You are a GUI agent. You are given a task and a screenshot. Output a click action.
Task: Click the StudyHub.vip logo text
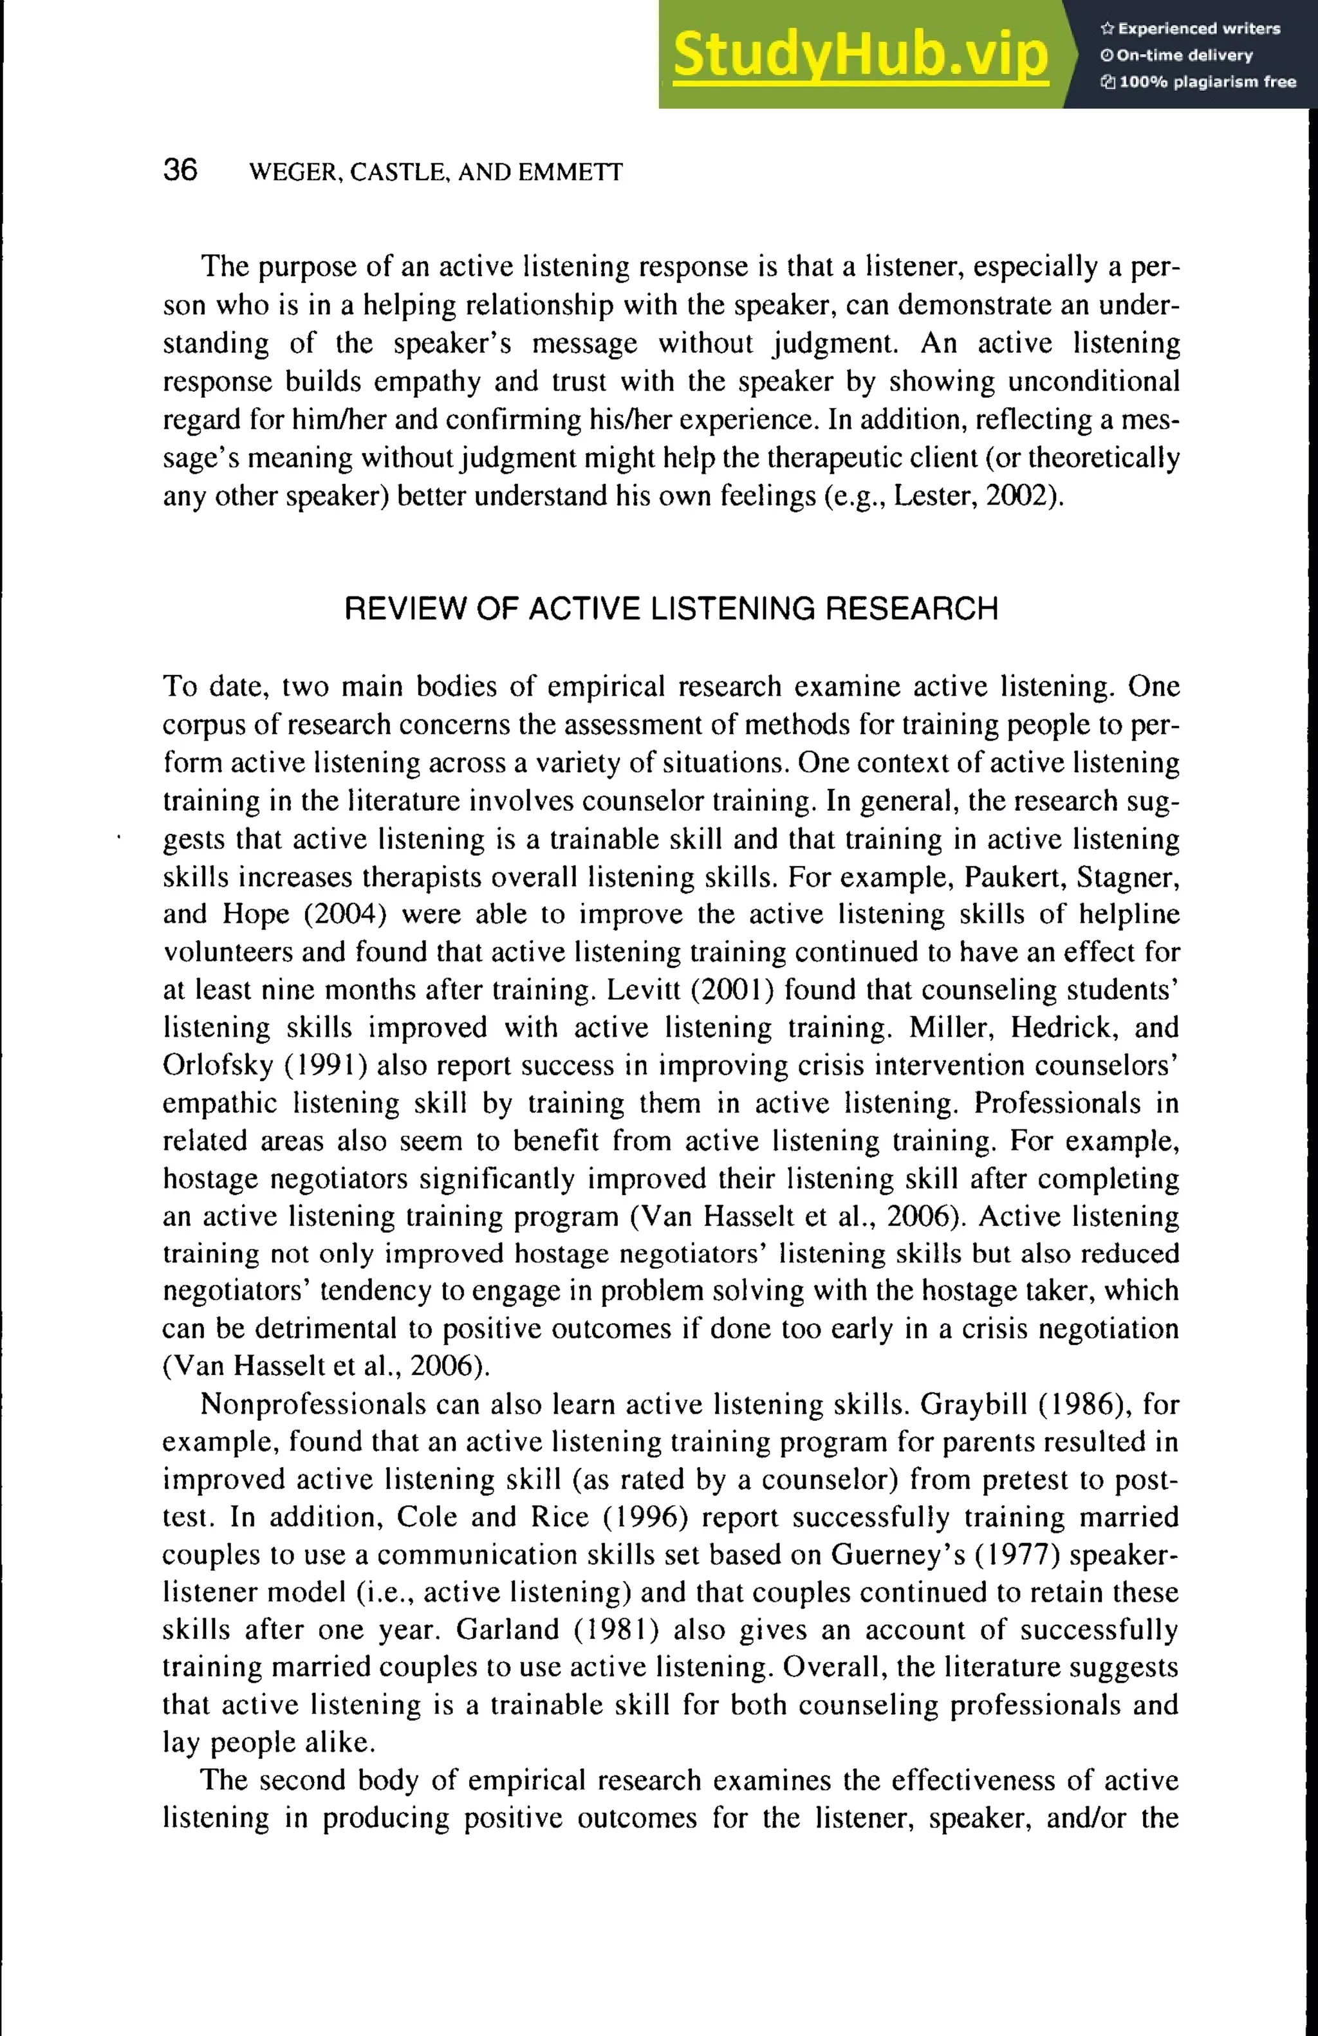[x=860, y=55]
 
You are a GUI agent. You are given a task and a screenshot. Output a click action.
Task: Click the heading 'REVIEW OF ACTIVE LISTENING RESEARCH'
[x=671, y=609]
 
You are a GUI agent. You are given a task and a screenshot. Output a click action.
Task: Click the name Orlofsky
[x=218, y=1065]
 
